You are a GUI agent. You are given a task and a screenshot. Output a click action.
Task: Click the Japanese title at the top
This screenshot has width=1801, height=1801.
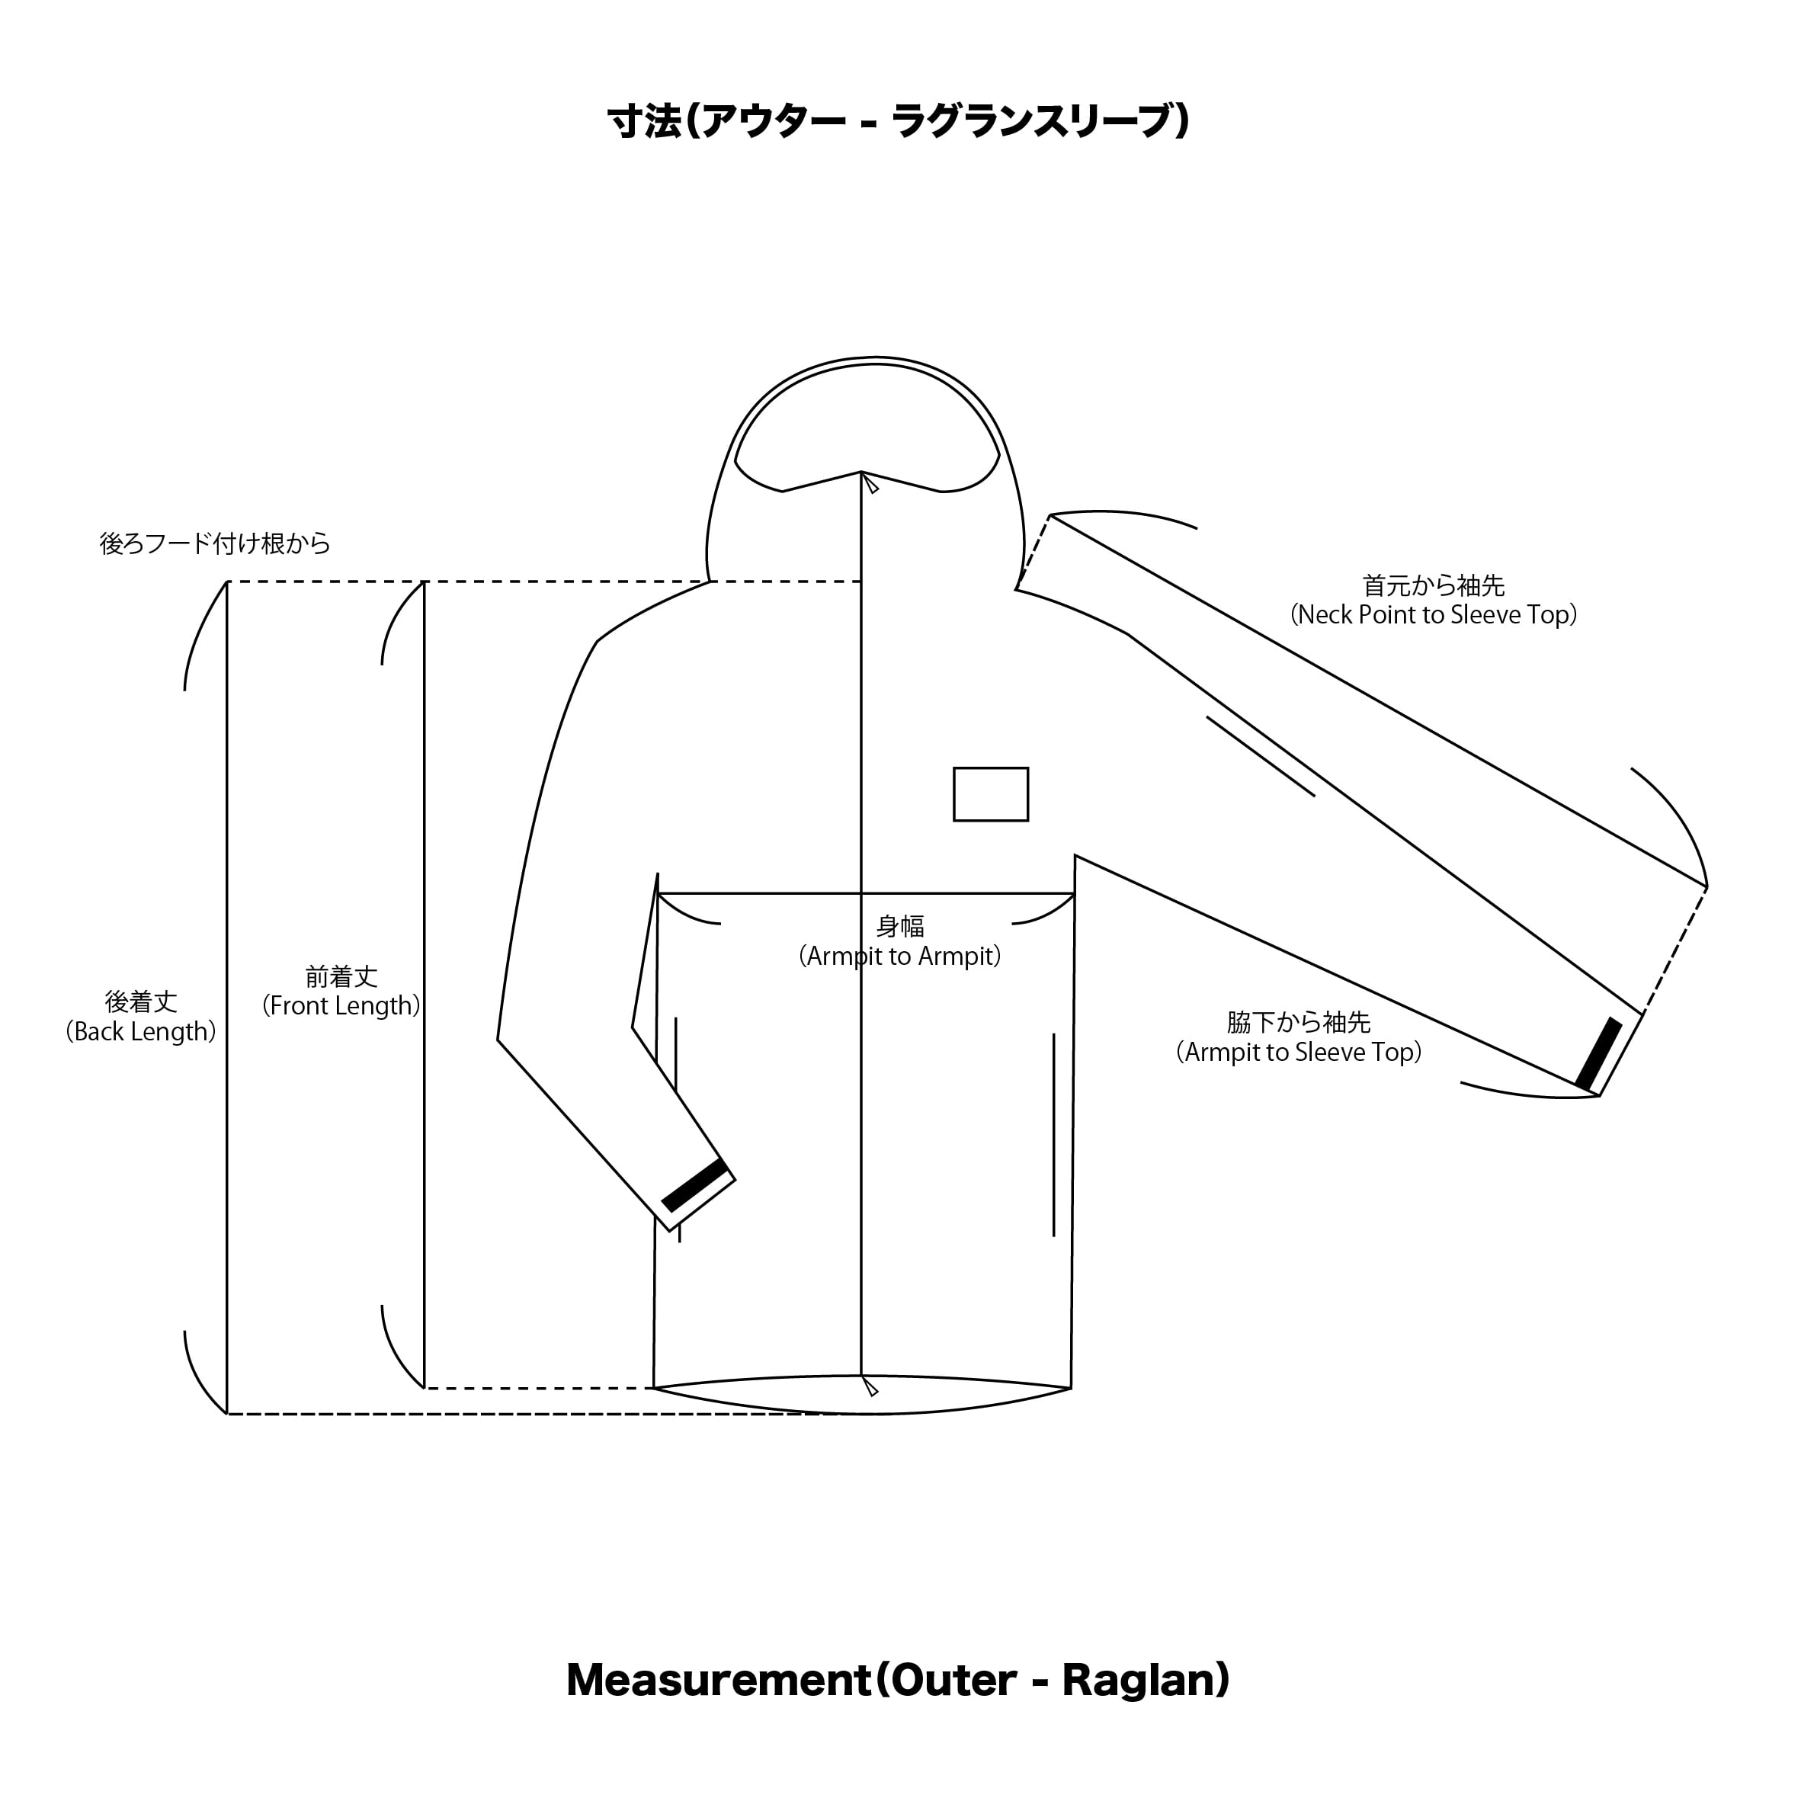click(899, 121)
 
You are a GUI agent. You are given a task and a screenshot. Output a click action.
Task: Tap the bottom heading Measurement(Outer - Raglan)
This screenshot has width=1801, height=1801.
click(899, 1680)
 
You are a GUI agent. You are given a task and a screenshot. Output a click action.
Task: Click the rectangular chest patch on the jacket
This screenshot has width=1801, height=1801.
click(991, 794)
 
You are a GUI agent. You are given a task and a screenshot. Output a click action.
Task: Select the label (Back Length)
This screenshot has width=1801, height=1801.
click(141, 1032)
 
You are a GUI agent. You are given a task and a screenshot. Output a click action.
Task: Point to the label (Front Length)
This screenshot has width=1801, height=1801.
click(341, 1006)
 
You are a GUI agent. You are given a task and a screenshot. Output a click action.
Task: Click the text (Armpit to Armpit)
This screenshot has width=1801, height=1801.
click(901, 957)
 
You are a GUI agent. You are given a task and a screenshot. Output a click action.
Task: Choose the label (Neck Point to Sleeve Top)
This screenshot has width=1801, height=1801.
click(1434, 615)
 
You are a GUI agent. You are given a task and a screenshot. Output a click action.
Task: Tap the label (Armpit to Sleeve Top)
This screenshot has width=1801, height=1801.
click(1299, 1053)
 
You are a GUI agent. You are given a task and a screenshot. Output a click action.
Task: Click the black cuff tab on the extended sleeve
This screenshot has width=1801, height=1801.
click(1599, 1053)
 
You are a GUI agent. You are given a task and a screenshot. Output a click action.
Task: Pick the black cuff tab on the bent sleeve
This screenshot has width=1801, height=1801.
click(694, 1186)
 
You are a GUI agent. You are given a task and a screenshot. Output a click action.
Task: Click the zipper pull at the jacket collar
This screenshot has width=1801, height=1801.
click(870, 483)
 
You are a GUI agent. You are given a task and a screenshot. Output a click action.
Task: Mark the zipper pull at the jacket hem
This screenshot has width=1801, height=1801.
click(870, 1386)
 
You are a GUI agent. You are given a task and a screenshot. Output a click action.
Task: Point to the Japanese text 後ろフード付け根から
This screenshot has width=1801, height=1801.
click(216, 543)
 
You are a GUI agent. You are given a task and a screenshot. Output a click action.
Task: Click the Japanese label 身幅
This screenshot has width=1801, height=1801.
click(901, 927)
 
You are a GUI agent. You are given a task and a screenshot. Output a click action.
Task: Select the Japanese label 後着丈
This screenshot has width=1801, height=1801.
click(141, 1002)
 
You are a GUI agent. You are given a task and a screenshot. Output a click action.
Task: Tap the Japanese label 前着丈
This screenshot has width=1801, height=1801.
click(341, 977)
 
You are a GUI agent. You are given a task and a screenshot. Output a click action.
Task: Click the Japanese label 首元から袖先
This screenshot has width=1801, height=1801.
click(1434, 585)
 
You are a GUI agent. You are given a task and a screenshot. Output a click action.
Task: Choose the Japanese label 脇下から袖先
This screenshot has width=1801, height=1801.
click(1299, 1023)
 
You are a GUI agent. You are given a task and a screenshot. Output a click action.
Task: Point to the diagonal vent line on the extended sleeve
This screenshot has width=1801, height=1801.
click(1261, 756)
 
